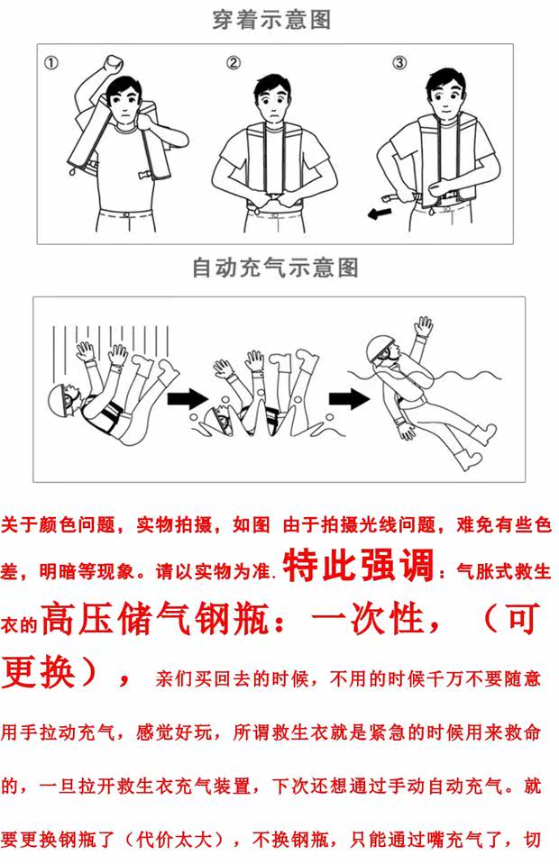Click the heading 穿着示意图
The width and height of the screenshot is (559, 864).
tap(271, 20)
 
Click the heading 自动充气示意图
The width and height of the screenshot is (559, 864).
tap(275, 268)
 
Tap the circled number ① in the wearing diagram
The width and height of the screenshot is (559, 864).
tap(50, 63)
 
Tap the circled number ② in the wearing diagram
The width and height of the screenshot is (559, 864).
tap(234, 63)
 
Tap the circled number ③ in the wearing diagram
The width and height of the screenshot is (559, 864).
tap(399, 63)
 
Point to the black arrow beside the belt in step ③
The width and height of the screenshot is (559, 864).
tap(380, 214)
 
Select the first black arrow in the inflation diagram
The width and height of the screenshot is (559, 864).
tap(187, 398)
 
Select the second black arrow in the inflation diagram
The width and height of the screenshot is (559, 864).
tap(349, 399)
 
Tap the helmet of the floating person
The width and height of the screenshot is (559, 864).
tap(380, 344)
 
